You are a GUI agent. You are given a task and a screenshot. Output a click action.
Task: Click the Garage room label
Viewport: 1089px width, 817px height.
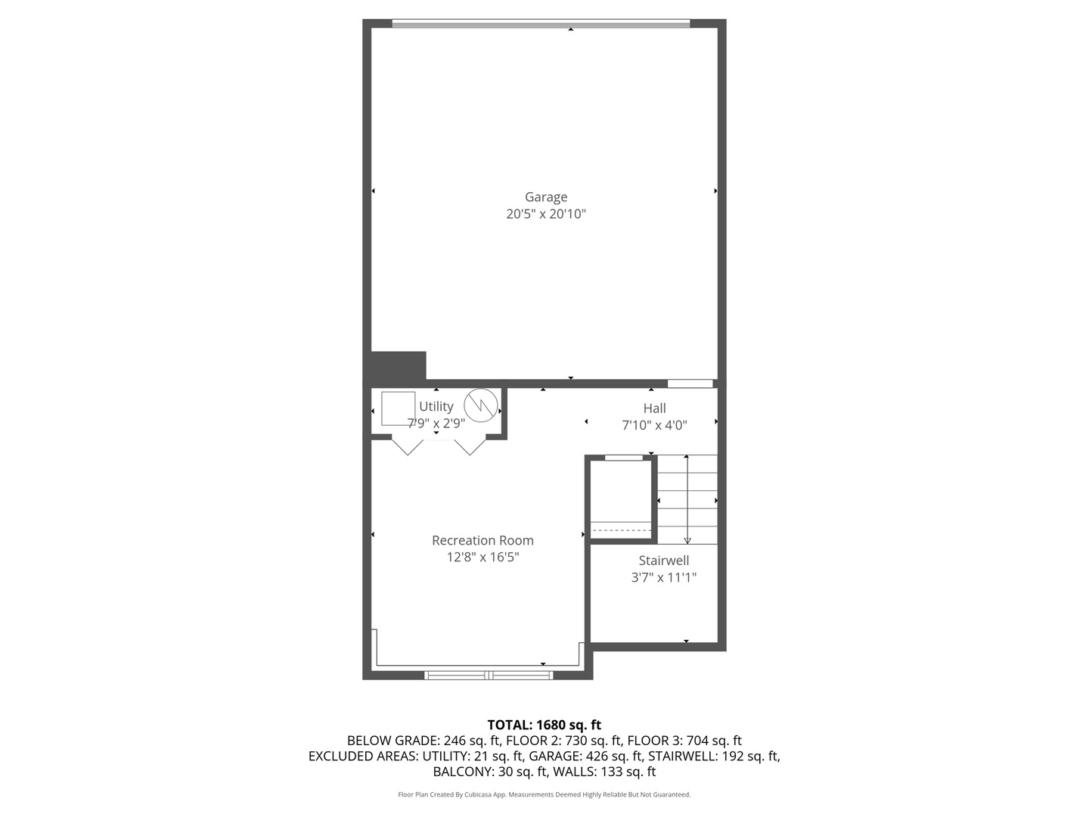[546, 197]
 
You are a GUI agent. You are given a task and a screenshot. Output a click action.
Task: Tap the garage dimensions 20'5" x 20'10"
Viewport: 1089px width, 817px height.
[546, 214]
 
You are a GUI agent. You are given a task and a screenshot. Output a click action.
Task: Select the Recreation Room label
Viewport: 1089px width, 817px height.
[482, 540]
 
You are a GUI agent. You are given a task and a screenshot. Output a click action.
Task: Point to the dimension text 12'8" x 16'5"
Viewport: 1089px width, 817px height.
[482, 558]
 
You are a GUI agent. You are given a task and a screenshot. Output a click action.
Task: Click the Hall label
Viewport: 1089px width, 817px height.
[654, 408]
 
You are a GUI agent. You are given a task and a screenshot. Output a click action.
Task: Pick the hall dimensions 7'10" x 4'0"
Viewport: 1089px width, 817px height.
[654, 425]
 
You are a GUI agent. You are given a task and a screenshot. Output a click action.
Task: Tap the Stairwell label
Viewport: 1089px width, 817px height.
[663, 561]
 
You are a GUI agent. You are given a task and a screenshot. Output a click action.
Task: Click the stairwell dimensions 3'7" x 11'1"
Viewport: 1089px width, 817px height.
[663, 578]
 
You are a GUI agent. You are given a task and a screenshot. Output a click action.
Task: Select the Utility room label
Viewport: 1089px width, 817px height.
[436, 406]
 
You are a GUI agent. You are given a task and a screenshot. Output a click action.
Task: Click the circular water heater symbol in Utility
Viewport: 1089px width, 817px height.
[479, 405]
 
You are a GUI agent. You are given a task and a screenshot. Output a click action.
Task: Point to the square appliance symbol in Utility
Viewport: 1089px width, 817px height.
[398, 408]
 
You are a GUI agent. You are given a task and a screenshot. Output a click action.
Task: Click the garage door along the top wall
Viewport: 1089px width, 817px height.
[541, 24]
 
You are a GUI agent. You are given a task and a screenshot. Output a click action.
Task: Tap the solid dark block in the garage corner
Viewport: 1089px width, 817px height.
[399, 367]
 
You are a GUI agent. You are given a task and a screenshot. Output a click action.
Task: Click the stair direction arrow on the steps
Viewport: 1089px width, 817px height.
[687, 499]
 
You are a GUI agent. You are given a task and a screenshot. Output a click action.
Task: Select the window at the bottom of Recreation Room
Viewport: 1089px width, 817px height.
[489, 675]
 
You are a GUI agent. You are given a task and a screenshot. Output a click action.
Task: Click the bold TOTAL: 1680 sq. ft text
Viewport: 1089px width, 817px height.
[544, 725]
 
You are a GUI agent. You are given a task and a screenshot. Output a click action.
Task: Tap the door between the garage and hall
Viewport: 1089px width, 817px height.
[690, 384]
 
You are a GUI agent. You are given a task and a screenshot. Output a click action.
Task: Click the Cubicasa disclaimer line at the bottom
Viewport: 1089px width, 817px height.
[544, 794]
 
